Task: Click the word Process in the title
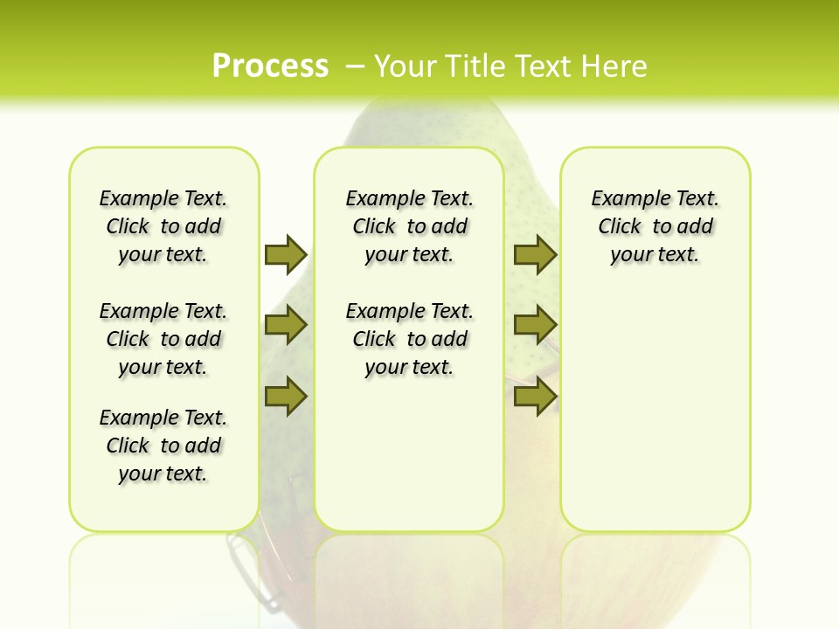coord(270,66)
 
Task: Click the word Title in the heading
coord(476,66)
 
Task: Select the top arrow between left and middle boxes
coord(286,254)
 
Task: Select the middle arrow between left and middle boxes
coord(286,325)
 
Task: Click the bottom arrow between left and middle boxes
coord(286,396)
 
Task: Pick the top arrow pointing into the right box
coord(535,254)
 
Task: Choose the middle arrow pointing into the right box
coord(535,325)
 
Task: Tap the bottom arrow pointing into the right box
coord(535,396)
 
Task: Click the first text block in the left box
coord(163,226)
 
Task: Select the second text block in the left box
coord(163,339)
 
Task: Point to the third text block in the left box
coord(163,446)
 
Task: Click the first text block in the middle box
coord(409,226)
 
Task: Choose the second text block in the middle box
coord(409,339)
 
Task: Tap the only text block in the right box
coord(655,226)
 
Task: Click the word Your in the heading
coord(406,66)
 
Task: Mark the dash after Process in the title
coord(355,66)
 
